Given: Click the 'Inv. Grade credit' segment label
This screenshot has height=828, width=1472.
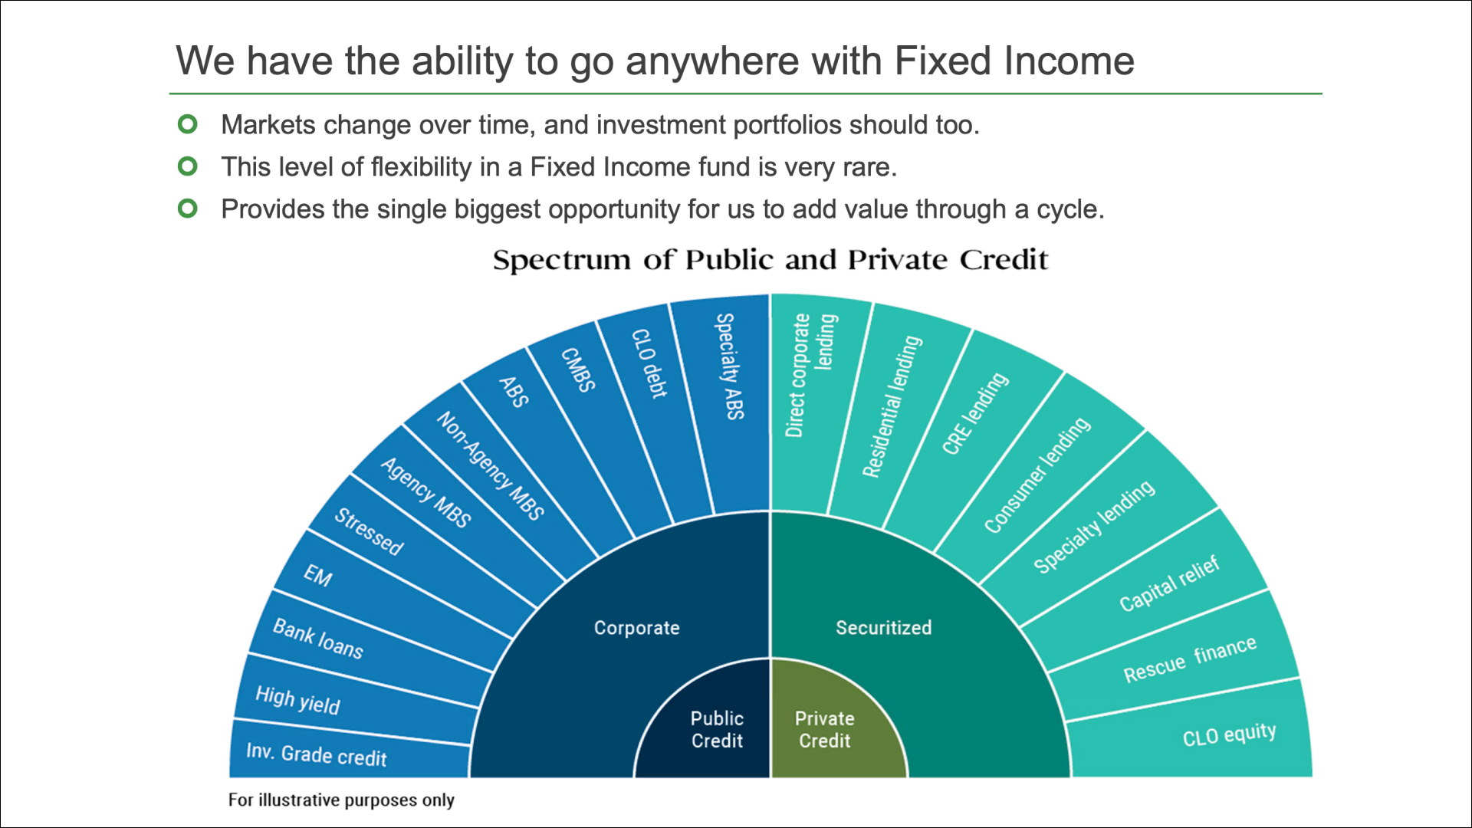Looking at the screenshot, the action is (317, 754).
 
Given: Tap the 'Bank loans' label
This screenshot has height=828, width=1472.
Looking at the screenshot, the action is (318, 639).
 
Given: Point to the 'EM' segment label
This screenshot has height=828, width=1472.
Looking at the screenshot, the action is (317, 575).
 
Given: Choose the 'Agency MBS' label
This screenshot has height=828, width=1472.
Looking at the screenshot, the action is (426, 492).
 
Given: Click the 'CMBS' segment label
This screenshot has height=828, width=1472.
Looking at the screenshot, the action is (578, 370).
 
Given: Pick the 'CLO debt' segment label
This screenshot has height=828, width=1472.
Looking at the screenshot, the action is (649, 363).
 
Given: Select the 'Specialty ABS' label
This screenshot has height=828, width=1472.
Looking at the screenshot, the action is (730, 366).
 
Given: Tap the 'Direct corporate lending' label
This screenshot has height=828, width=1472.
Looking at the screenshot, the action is (810, 375).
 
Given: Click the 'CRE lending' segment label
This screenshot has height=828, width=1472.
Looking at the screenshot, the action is (975, 413).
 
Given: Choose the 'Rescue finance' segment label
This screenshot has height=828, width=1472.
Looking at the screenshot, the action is (1190, 659).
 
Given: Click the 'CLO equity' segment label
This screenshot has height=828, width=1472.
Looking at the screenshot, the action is (1229, 734).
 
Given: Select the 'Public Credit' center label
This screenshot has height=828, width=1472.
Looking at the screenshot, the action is (717, 729).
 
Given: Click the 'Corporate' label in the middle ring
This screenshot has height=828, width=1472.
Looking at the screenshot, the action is (636, 628).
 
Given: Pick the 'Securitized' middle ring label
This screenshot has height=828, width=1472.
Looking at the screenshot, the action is (883, 628).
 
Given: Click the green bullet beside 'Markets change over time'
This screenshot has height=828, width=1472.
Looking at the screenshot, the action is (188, 123).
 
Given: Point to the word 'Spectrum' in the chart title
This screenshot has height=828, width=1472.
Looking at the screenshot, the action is (563, 261).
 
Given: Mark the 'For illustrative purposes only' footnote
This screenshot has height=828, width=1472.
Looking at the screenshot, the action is (341, 800).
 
